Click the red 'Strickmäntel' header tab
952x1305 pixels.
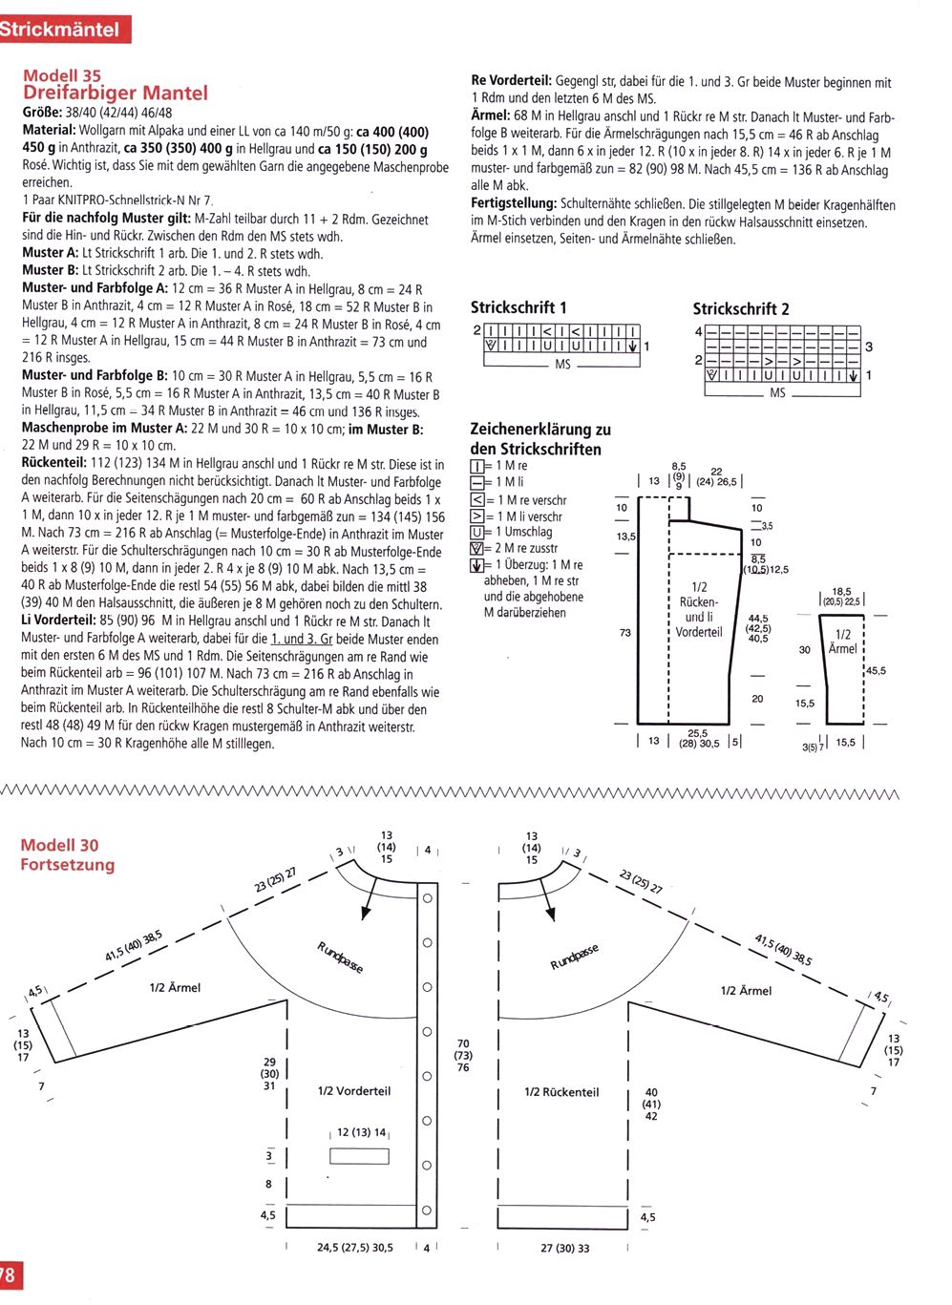[x=61, y=29]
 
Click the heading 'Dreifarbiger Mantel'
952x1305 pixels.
[x=115, y=93]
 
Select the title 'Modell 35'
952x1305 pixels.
[x=62, y=75]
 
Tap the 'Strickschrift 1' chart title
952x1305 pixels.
[x=518, y=307]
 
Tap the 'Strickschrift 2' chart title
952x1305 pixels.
[x=741, y=308]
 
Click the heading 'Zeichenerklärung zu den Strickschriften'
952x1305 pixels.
[x=539, y=439]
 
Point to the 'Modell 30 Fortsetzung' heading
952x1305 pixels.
[x=67, y=854]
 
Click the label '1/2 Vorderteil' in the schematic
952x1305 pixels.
[x=353, y=1090]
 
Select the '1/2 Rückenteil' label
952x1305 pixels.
[x=561, y=1091]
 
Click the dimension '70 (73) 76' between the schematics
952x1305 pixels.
[x=463, y=1055]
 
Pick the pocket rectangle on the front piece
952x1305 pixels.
[x=359, y=1155]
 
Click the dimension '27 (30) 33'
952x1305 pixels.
[x=564, y=1247]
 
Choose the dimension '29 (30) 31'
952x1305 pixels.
[x=269, y=1073]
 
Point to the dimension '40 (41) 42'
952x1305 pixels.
[x=651, y=1104]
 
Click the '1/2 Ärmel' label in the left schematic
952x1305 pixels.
[x=175, y=987]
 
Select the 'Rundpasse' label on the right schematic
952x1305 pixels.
[x=574, y=957]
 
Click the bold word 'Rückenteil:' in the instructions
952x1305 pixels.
[x=54, y=463]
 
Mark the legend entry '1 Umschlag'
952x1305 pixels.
[x=519, y=532]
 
